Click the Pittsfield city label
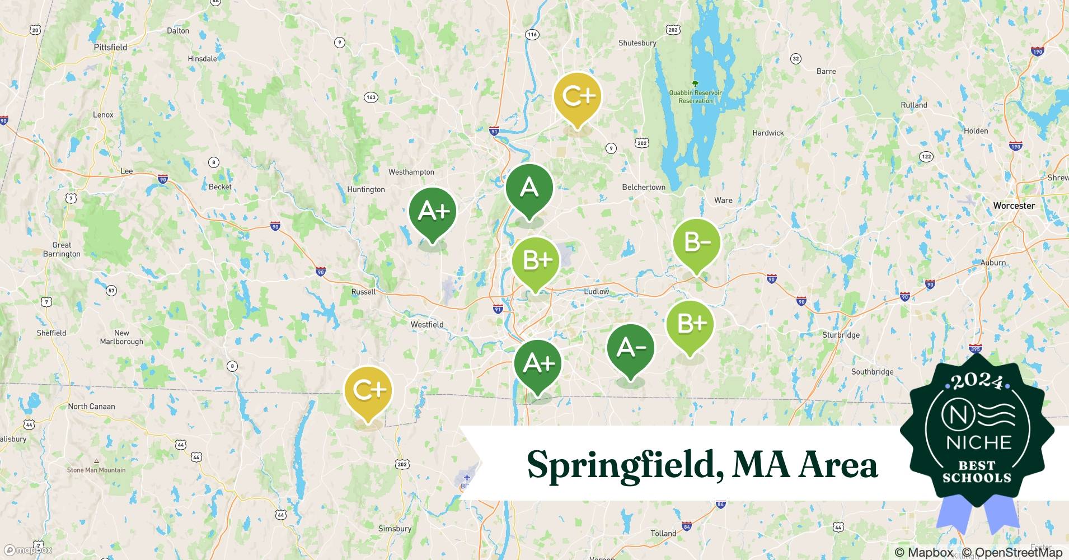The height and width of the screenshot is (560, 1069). tap(110, 47)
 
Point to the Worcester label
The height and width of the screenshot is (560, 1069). tap(1014, 206)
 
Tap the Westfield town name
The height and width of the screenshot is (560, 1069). tap(427, 324)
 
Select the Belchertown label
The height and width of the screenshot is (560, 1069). tap(644, 187)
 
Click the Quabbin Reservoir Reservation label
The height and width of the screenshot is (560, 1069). tap(696, 96)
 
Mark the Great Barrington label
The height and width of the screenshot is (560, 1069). tap(62, 249)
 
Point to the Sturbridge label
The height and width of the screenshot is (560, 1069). tap(841, 335)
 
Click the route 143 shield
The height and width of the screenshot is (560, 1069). tap(371, 97)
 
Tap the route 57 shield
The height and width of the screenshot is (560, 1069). tap(111, 290)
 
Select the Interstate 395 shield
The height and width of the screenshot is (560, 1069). tap(976, 349)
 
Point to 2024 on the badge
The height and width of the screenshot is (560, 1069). tap(977, 381)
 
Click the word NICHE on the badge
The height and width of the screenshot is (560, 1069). tap(979, 442)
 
